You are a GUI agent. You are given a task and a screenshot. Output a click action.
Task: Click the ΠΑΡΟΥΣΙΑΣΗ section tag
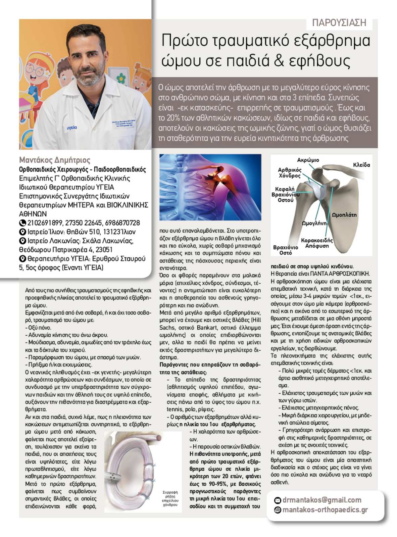click(x=339, y=22)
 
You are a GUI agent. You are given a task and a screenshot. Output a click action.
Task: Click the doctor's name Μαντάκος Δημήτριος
click(x=55, y=160)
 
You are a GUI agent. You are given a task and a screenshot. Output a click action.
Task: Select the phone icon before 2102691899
click(x=22, y=223)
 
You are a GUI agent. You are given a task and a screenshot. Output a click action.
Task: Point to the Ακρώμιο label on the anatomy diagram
click(x=308, y=160)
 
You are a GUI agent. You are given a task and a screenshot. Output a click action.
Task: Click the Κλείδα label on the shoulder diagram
click(x=361, y=165)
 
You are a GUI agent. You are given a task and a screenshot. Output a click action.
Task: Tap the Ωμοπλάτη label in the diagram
click(x=344, y=215)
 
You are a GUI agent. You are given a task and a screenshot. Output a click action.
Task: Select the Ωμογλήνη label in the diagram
click(x=314, y=223)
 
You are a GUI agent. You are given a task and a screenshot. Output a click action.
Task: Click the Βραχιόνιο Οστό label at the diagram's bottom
click(x=285, y=250)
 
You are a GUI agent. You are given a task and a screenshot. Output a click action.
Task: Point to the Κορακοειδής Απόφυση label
click(x=317, y=243)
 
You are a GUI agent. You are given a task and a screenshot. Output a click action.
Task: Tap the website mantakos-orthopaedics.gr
click(x=325, y=510)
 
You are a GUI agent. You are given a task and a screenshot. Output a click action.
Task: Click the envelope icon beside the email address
click(x=278, y=500)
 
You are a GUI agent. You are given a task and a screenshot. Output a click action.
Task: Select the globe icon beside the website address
click(x=278, y=510)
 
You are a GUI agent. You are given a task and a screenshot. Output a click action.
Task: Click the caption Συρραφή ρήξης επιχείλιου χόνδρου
click(x=170, y=498)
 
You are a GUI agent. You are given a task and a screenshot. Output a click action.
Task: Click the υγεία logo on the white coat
click(x=72, y=128)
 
